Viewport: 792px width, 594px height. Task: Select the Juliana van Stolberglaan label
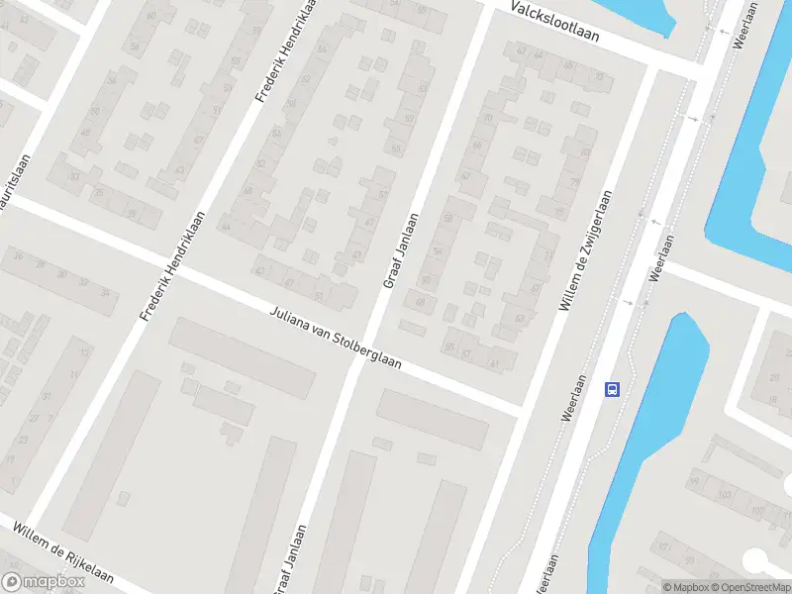tap(336, 338)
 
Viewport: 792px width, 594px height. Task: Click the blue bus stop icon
tap(613, 389)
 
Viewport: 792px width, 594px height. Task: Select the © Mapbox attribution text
tap(686, 587)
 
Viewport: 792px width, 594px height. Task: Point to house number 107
tap(759, 511)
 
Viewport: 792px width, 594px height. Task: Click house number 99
tap(694, 482)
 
